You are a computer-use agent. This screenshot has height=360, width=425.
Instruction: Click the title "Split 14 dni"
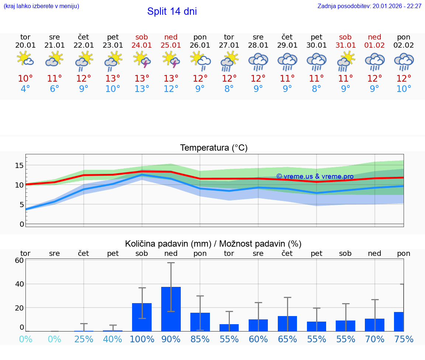(x=172, y=11)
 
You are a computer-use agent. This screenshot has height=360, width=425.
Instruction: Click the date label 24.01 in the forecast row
(x=142, y=45)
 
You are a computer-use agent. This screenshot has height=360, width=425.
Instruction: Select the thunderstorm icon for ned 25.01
(x=171, y=59)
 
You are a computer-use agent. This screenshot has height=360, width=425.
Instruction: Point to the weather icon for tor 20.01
(x=25, y=59)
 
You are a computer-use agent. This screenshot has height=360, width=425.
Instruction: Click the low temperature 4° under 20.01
(x=25, y=89)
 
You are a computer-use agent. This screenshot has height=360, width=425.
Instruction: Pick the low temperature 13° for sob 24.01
(x=142, y=89)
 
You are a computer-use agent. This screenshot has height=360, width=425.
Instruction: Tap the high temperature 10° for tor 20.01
(x=25, y=79)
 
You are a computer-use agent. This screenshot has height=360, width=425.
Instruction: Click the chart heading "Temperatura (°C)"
(x=214, y=148)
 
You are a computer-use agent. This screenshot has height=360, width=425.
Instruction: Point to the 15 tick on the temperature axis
(x=19, y=165)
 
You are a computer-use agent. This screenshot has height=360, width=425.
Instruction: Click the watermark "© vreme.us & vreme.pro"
(x=315, y=176)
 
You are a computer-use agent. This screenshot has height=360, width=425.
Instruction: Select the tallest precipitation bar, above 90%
(x=171, y=309)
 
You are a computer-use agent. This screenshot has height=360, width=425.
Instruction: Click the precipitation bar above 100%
(x=142, y=317)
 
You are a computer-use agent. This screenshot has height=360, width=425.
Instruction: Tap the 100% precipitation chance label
(x=142, y=339)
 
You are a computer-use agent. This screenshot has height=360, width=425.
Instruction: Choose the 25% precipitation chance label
(x=84, y=339)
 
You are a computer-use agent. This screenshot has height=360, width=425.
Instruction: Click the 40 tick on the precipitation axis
(x=19, y=284)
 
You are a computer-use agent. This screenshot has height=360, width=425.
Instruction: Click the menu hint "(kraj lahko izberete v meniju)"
(x=41, y=6)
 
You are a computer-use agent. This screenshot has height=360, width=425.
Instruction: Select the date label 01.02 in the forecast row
(x=374, y=45)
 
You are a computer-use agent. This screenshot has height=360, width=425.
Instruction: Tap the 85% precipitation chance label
(x=200, y=339)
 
